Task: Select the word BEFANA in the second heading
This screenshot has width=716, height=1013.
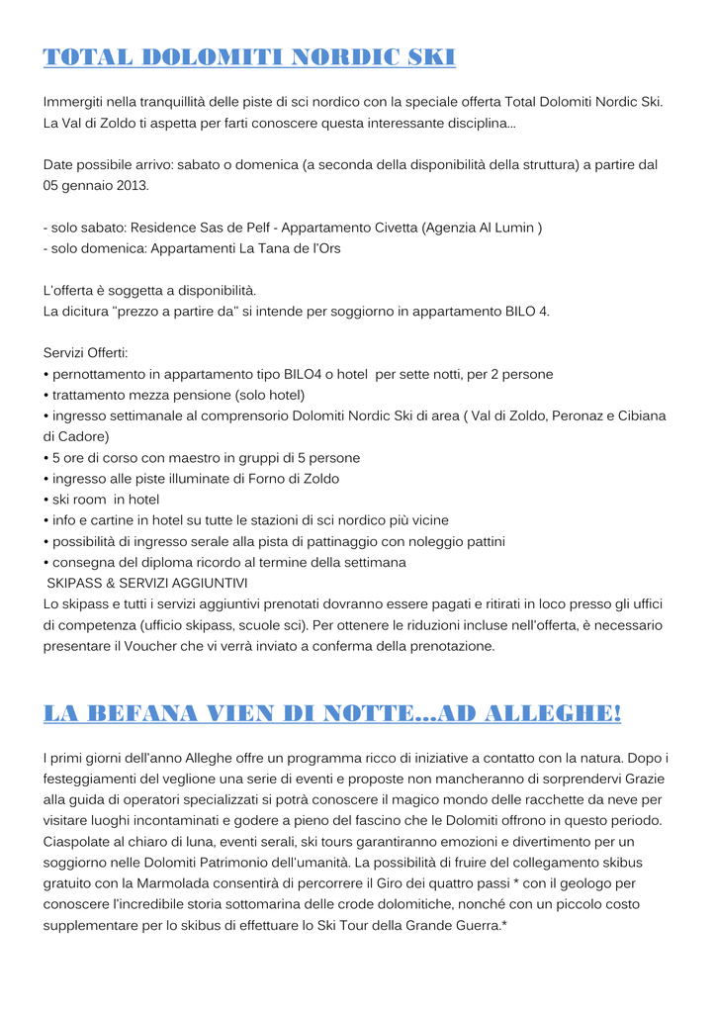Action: pyautogui.click(x=146, y=714)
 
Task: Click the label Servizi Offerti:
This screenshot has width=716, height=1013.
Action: pyautogui.click(x=86, y=353)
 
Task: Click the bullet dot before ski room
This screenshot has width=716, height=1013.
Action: pyautogui.click(x=46, y=500)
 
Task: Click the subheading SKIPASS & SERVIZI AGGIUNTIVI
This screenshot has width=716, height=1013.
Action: pyautogui.click(x=147, y=583)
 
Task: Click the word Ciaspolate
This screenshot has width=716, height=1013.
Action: pyautogui.click(x=83, y=841)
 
